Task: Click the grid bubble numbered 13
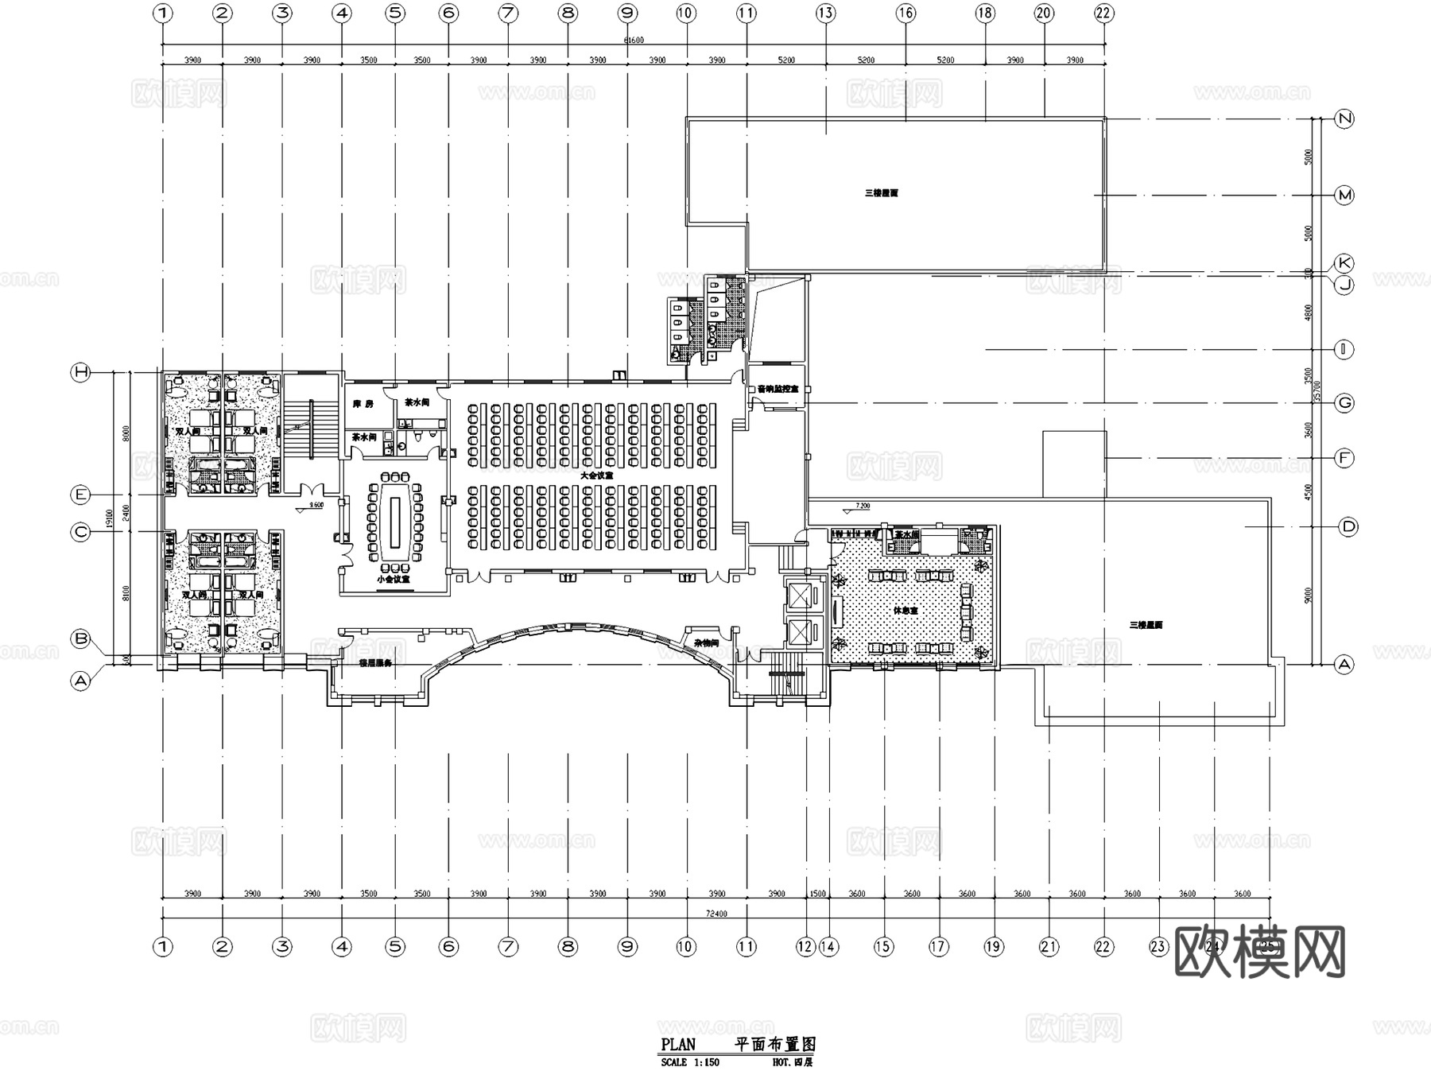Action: click(825, 13)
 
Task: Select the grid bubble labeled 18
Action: click(985, 13)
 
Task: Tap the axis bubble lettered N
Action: click(1344, 119)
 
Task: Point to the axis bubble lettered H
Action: click(81, 372)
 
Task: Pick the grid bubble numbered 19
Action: click(993, 946)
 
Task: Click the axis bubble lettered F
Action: click(1344, 458)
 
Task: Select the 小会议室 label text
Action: click(394, 579)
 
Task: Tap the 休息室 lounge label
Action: click(906, 611)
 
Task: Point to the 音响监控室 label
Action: click(778, 390)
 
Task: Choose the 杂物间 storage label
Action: click(706, 642)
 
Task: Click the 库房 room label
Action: click(363, 404)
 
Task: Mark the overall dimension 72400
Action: click(715, 914)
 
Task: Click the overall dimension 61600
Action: click(634, 41)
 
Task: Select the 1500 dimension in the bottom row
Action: click(817, 894)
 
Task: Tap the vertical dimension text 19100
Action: click(109, 517)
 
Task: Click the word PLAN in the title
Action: click(678, 1045)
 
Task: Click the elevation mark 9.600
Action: click(316, 505)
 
